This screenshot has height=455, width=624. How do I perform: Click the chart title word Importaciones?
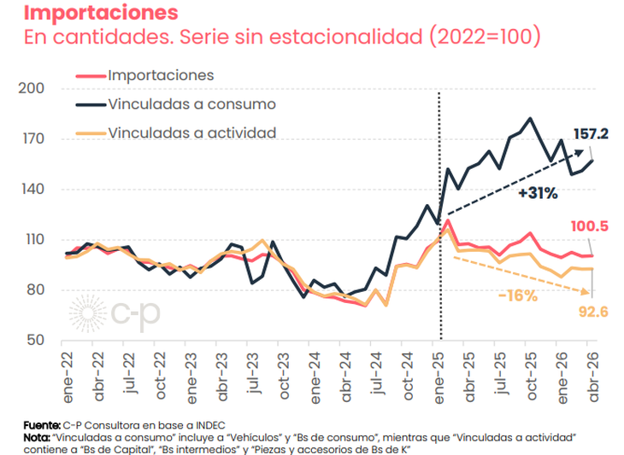pyautogui.click(x=101, y=12)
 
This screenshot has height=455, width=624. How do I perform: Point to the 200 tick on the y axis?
pyautogui.click(x=32, y=88)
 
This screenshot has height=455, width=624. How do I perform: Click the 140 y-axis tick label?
pyautogui.click(x=32, y=190)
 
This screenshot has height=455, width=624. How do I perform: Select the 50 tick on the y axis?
pyautogui.click(x=35, y=341)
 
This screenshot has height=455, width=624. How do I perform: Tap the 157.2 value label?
pyautogui.click(x=591, y=134)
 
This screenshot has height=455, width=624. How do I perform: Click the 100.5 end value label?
pyautogui.click(x=590, y=226)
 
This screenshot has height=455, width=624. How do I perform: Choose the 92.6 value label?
pyautogui.click(x=593, y=312)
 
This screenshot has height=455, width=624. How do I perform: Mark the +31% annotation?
pyautogui.click(x=538, y=194)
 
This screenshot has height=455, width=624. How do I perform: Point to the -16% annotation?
pyautogui.click(x=518, y=296)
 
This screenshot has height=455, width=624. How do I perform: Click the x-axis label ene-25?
pyautogui.click(x=439, y=378)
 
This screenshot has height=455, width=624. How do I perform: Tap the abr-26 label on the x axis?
pyautogui.click(x=593, y=377)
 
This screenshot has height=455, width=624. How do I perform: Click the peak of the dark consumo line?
pyautogui.click(x=530, y=119)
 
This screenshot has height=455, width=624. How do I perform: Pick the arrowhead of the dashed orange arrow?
pyautogui.click(x=586, y=293)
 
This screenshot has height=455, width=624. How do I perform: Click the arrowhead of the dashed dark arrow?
pyautogui.click(x=579, y=152)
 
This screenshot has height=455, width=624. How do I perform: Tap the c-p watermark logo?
pyautogui.click(x=115, y=314)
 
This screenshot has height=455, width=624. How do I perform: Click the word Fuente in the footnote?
pyautogui.click(x=41, y=426)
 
